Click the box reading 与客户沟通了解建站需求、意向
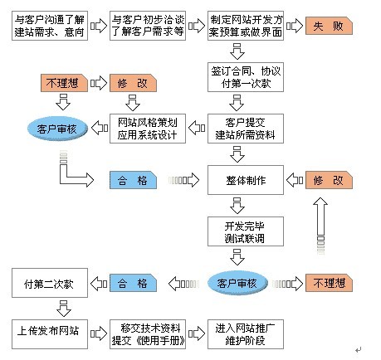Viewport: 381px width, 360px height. click(x=50, y=26)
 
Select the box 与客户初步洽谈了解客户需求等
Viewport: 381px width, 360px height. click(x=148, y=26)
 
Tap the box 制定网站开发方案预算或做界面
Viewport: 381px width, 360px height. click(x=246, y=26)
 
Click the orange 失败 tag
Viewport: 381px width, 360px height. click(x=329, y=26)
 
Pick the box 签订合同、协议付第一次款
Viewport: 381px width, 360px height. click(x=246, y=77)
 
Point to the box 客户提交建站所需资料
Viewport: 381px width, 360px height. click(x=246, y=129)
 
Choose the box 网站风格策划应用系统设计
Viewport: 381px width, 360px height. click(x=148, y=129)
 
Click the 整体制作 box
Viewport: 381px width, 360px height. click(x=246, y=180)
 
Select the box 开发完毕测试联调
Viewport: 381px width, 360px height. click(x=246, y=231)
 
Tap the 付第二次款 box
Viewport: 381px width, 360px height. click(x=50, y=283)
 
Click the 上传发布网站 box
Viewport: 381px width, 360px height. click(x=50, y=334)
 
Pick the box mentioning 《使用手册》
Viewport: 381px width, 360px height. click(x=148, y=334)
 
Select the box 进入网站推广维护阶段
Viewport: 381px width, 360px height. click(x=246, y=334)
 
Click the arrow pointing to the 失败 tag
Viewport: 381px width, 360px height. click(x=295, y=26)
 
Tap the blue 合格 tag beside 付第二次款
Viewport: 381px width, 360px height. click(x=133, y=283)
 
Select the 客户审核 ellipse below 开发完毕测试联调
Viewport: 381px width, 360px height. click(x=237, y=283)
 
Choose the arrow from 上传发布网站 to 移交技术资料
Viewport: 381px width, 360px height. click(x=99, y=334)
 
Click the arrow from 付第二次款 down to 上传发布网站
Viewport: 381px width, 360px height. click(x=64, y=309)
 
